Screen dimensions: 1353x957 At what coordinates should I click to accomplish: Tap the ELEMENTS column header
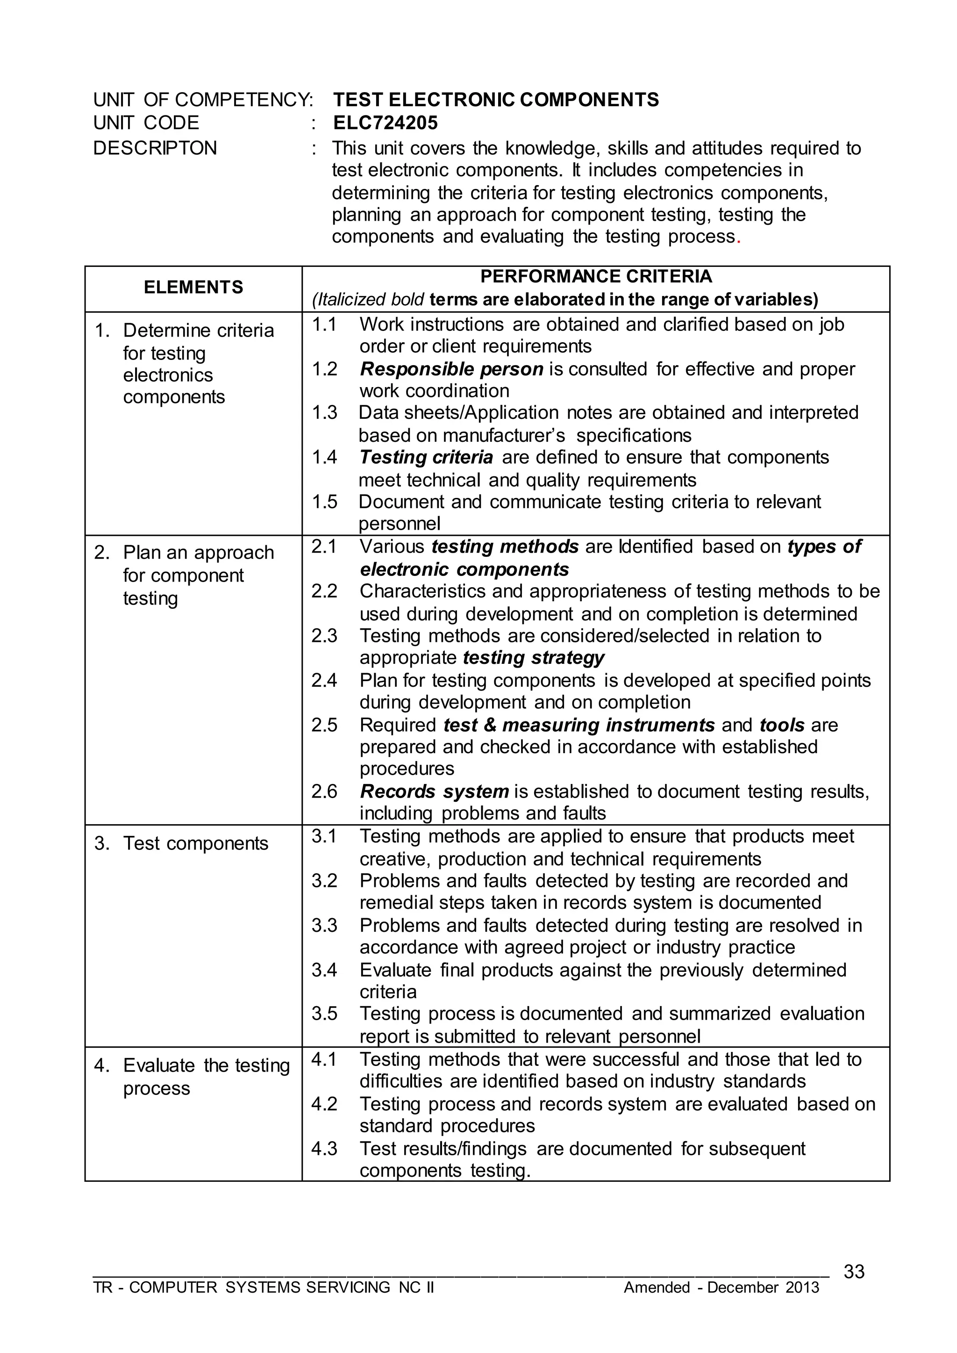click(x=193, y=287)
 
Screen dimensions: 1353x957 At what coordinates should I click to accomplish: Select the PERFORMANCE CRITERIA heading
click(x=596, y=276)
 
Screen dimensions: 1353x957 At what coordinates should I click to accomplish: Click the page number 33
click(x=854, y=1272)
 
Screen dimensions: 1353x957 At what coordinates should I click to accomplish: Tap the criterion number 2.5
click(x=324, y=725)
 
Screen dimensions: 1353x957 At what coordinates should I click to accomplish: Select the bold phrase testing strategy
click(x=534, y=657)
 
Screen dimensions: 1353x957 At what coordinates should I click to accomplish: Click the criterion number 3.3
click(x=324, y=925)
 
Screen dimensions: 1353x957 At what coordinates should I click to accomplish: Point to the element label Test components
click(x=196, y=843)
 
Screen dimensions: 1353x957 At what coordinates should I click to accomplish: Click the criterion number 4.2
click(x=324, y=1104)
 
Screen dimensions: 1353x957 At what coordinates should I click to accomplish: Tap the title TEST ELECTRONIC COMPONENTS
click(x=496, y=100)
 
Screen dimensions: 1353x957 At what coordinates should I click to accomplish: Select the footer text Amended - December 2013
click(x=721, y=1287)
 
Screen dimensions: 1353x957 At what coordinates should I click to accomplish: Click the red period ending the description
click(x=738, y=238)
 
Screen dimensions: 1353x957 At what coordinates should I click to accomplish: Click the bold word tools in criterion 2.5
click(x=782, y=725)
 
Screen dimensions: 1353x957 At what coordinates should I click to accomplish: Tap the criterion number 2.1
click(x=324, y=547)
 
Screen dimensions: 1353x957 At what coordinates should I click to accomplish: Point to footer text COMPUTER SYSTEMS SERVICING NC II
click(x=281, y=1287)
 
